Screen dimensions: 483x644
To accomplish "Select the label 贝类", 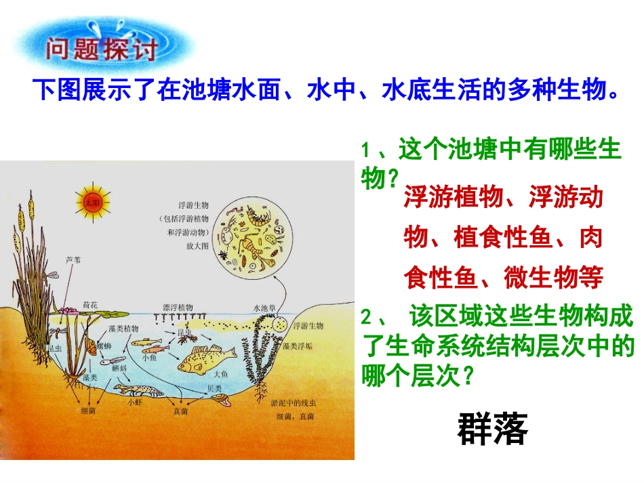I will click(214, 388).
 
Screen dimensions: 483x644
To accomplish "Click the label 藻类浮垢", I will click(298, 345).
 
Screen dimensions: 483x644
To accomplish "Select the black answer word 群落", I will click(492, 429).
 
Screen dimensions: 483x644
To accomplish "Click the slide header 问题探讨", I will click(102, 49).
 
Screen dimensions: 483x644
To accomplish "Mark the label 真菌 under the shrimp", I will click(180, 411).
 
